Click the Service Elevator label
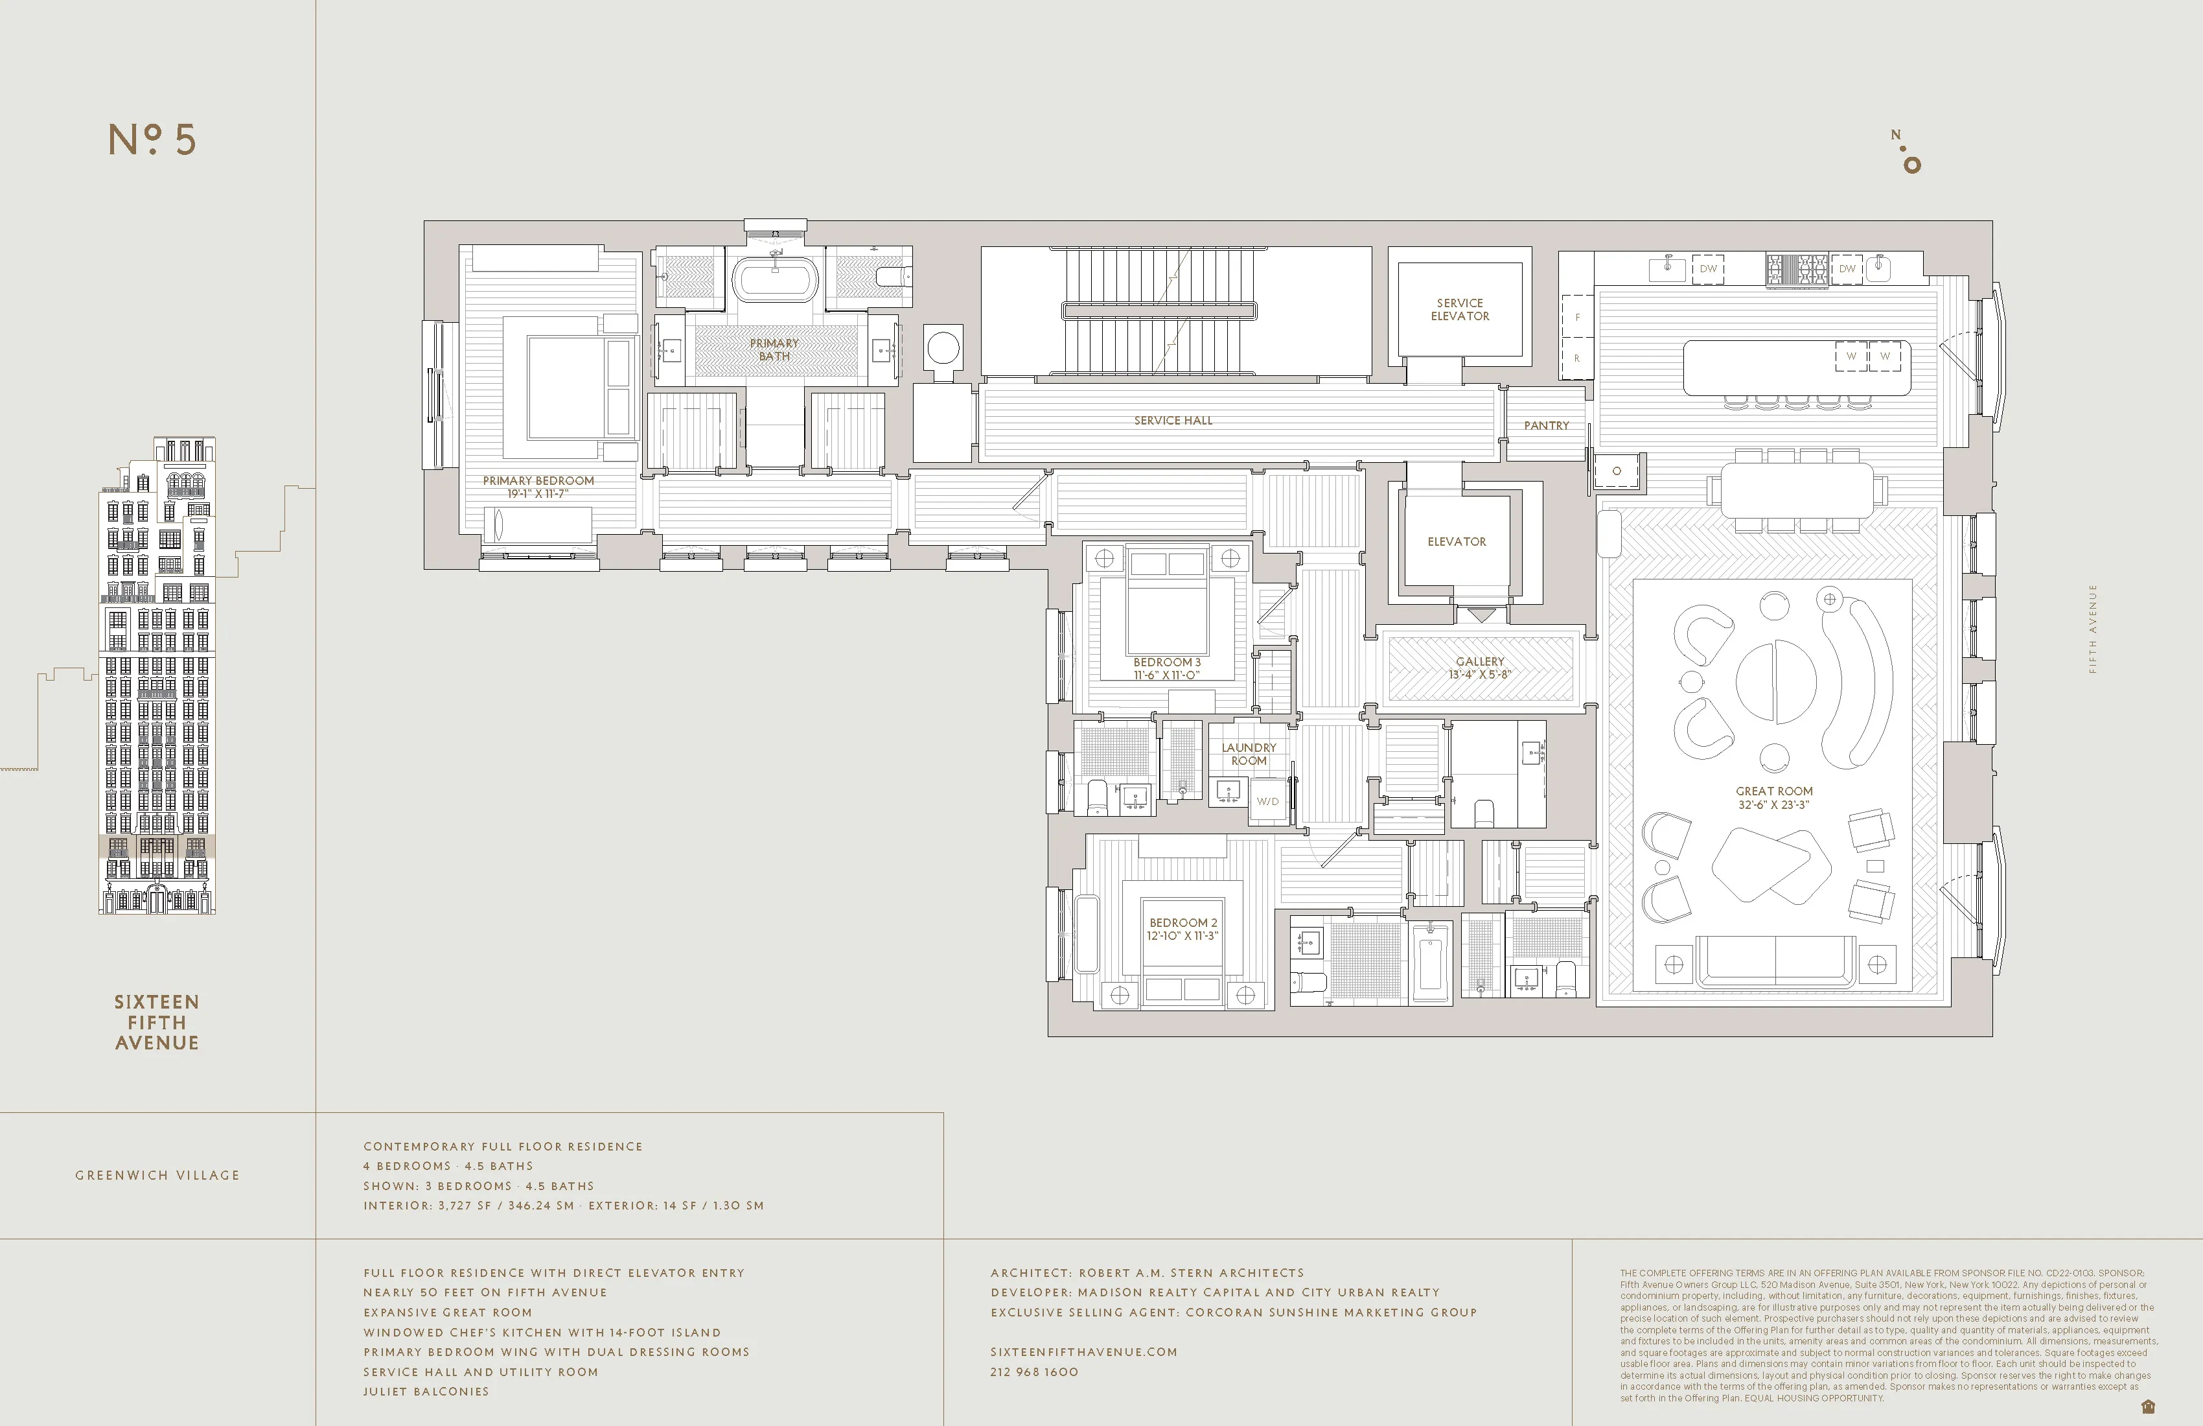1460,309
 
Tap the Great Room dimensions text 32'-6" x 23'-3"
1773,804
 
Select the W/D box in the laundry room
1267,802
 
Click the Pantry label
1546,426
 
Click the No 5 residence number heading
153,140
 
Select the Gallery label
1479,661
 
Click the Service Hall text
1173,421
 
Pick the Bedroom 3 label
1166,662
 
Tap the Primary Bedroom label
538,480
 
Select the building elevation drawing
157,676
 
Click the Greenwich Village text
157,1175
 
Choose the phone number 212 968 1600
1034,1372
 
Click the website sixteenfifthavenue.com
1083,1352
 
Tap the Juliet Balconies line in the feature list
426,1392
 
